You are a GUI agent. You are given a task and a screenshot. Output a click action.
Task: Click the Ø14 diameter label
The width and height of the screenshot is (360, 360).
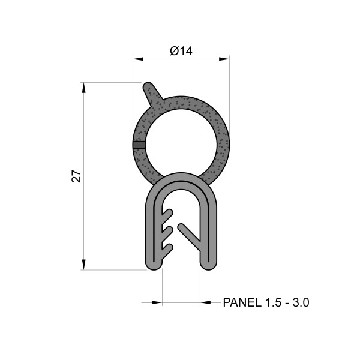(x=181, y=52)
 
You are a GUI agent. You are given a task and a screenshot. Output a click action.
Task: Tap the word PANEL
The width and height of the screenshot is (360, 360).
(x=242, y=303)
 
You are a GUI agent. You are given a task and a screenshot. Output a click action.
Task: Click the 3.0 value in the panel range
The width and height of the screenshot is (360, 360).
(x=300, y=303)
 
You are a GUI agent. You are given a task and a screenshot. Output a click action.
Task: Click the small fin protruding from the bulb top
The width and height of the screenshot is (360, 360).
(x=151, y=92)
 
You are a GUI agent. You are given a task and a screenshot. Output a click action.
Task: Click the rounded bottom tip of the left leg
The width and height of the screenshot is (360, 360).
(x=154, y=264)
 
